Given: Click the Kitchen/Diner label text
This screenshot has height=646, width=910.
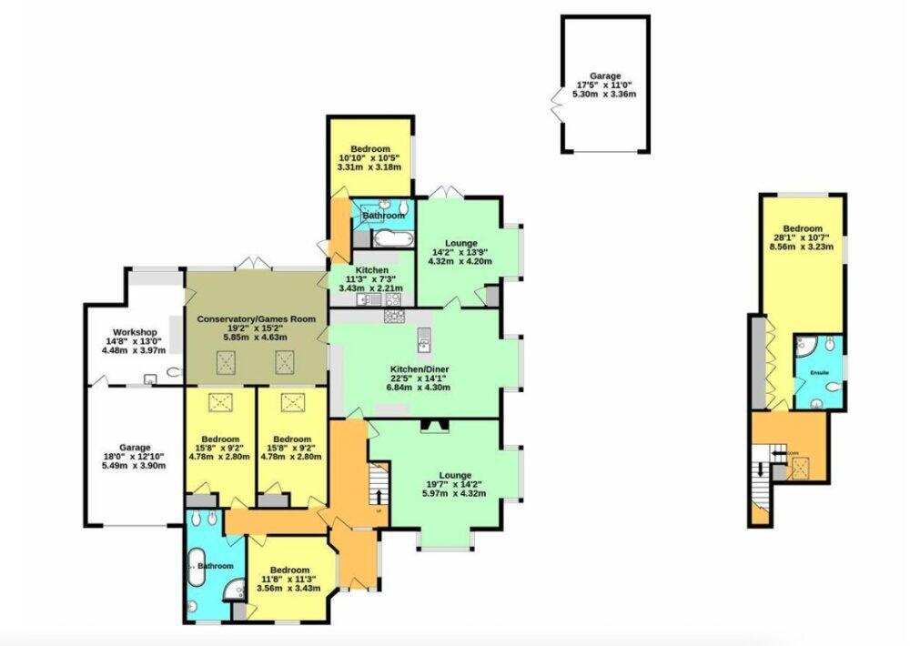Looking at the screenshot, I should [420, 368].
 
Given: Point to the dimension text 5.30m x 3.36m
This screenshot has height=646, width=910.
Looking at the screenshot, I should [605, 94].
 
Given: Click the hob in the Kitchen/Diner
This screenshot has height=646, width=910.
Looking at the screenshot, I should [395, 317].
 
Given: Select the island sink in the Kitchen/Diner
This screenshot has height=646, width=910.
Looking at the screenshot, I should [423, 341].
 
